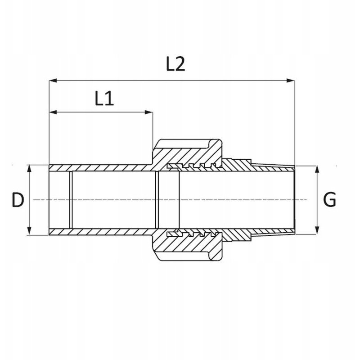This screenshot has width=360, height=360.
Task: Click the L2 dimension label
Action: pos(175,64)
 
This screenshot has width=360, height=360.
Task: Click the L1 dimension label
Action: pos(104,98)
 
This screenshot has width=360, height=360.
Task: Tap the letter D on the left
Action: pos(18,200)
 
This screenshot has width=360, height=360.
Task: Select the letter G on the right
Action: pos(329,199)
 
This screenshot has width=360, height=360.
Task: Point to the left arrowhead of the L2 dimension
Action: pos(53,81)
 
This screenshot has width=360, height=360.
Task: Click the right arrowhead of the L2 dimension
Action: pos(291,81)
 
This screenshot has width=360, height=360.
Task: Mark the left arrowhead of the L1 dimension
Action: pos(53,112)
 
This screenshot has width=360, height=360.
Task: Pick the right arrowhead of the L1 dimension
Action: pos(149,112)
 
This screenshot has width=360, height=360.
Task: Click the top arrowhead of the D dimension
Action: pos(29,169)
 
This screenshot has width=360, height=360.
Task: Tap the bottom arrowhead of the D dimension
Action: pos(29,231)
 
